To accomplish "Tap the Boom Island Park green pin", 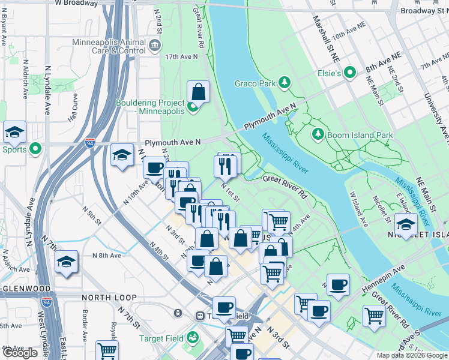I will pyautogui.click(x=318, y=134).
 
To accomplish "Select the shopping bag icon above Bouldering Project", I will pyautogui.click(x=198, y=92).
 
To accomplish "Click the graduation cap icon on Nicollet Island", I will pyautogui.click(x=406, y=225).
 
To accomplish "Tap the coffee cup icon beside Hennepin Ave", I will pyautogui.click(x=338, y=285).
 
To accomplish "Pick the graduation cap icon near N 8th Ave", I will pyautogui.click(x=66, y=262).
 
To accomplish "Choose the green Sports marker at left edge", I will pyautogui.click(x=35, y=148).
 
